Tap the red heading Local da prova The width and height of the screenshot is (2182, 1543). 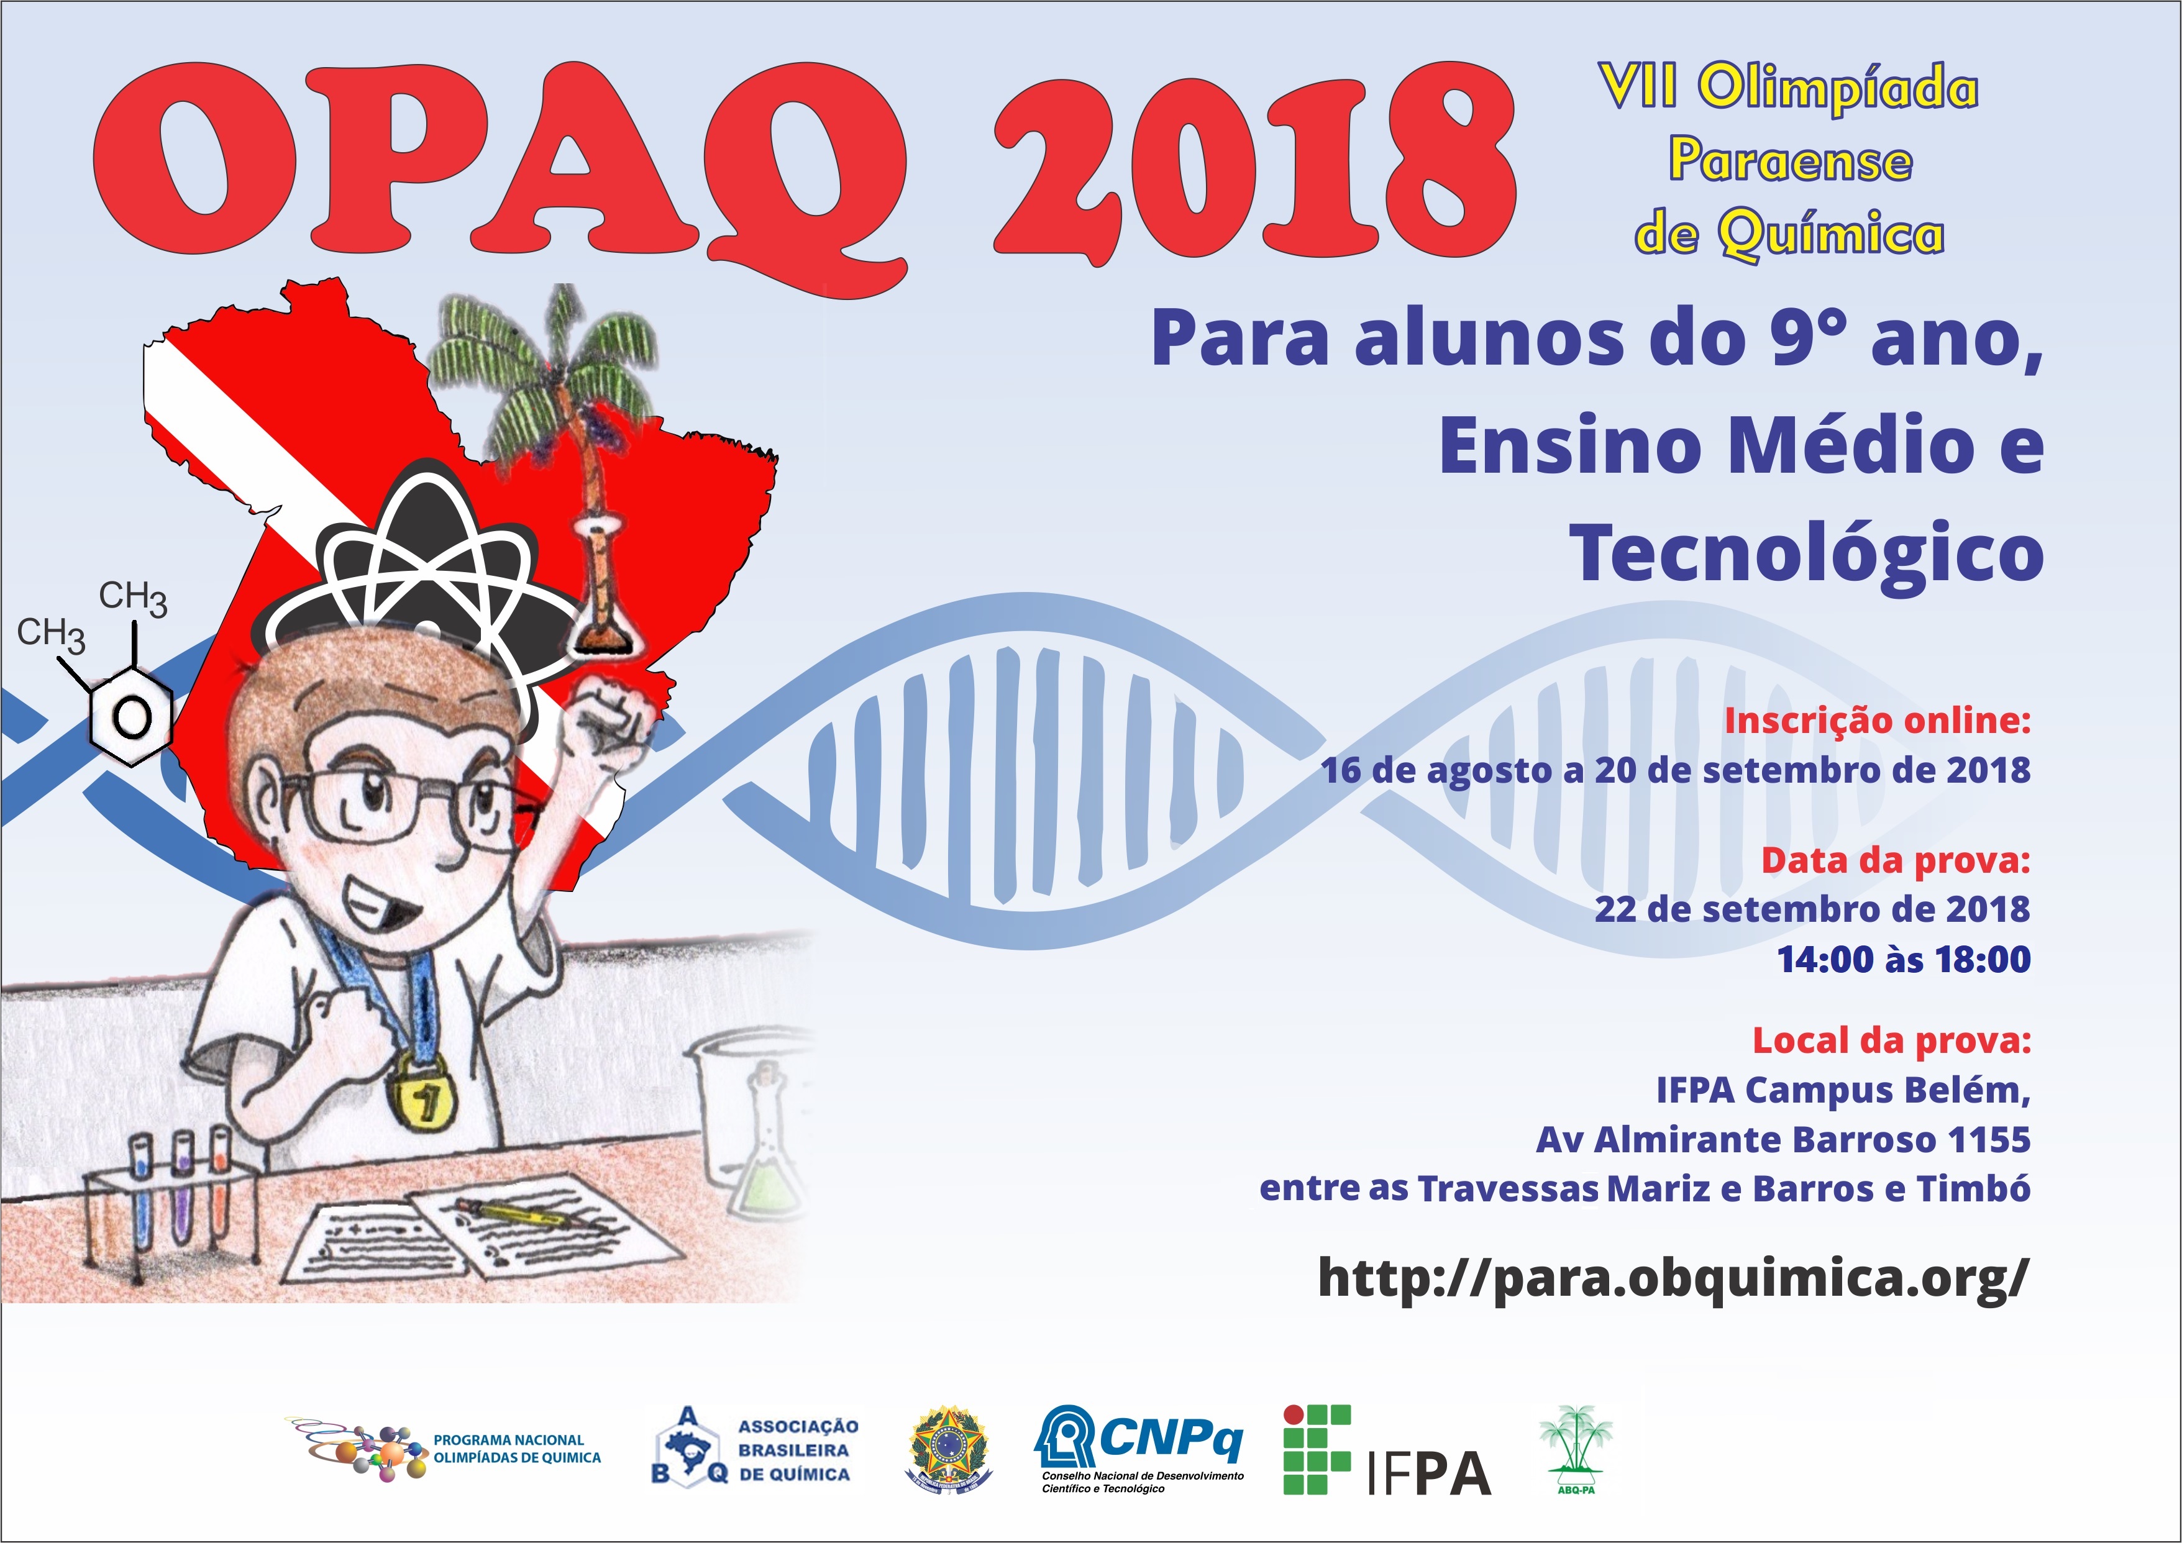pos(1891,1040)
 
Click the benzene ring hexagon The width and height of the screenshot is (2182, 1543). pos(130,714)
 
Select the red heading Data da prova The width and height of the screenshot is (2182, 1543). pos(1896,860)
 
